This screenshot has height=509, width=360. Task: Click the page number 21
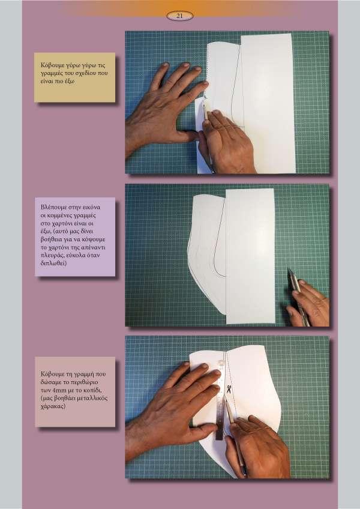(179, 16)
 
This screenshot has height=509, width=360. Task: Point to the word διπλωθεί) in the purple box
(53, 264)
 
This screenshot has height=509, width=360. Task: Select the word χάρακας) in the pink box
(53, 406)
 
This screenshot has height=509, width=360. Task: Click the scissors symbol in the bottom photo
(229, 389)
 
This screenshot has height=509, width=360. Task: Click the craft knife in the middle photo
(298, 296)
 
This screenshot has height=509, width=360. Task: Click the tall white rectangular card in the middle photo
(250, 256)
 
